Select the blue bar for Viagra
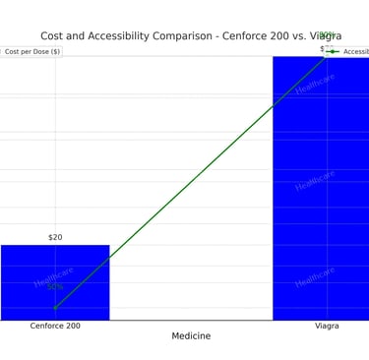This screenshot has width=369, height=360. tap(320, 187)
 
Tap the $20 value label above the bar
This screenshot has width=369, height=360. tap(55, 237)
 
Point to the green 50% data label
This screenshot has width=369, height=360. tap(54, 287)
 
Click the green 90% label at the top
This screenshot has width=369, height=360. tap(327, 35)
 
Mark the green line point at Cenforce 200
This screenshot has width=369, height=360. tap(55, 308)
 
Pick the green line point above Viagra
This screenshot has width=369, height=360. tap(327, 56)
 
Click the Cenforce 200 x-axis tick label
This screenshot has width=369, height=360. tap(55, 326)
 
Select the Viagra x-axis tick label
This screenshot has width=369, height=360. tap(327, 326)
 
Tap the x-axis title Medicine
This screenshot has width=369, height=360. tap(191, 336)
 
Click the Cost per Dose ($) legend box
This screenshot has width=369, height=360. tap(31, 51)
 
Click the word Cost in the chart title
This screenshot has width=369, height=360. tap(55, 36)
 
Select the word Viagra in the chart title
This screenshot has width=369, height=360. tap(324, 36)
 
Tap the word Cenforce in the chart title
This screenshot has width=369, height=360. tap(242, 36)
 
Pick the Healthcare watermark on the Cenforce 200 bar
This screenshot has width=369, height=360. tap(54, 276)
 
